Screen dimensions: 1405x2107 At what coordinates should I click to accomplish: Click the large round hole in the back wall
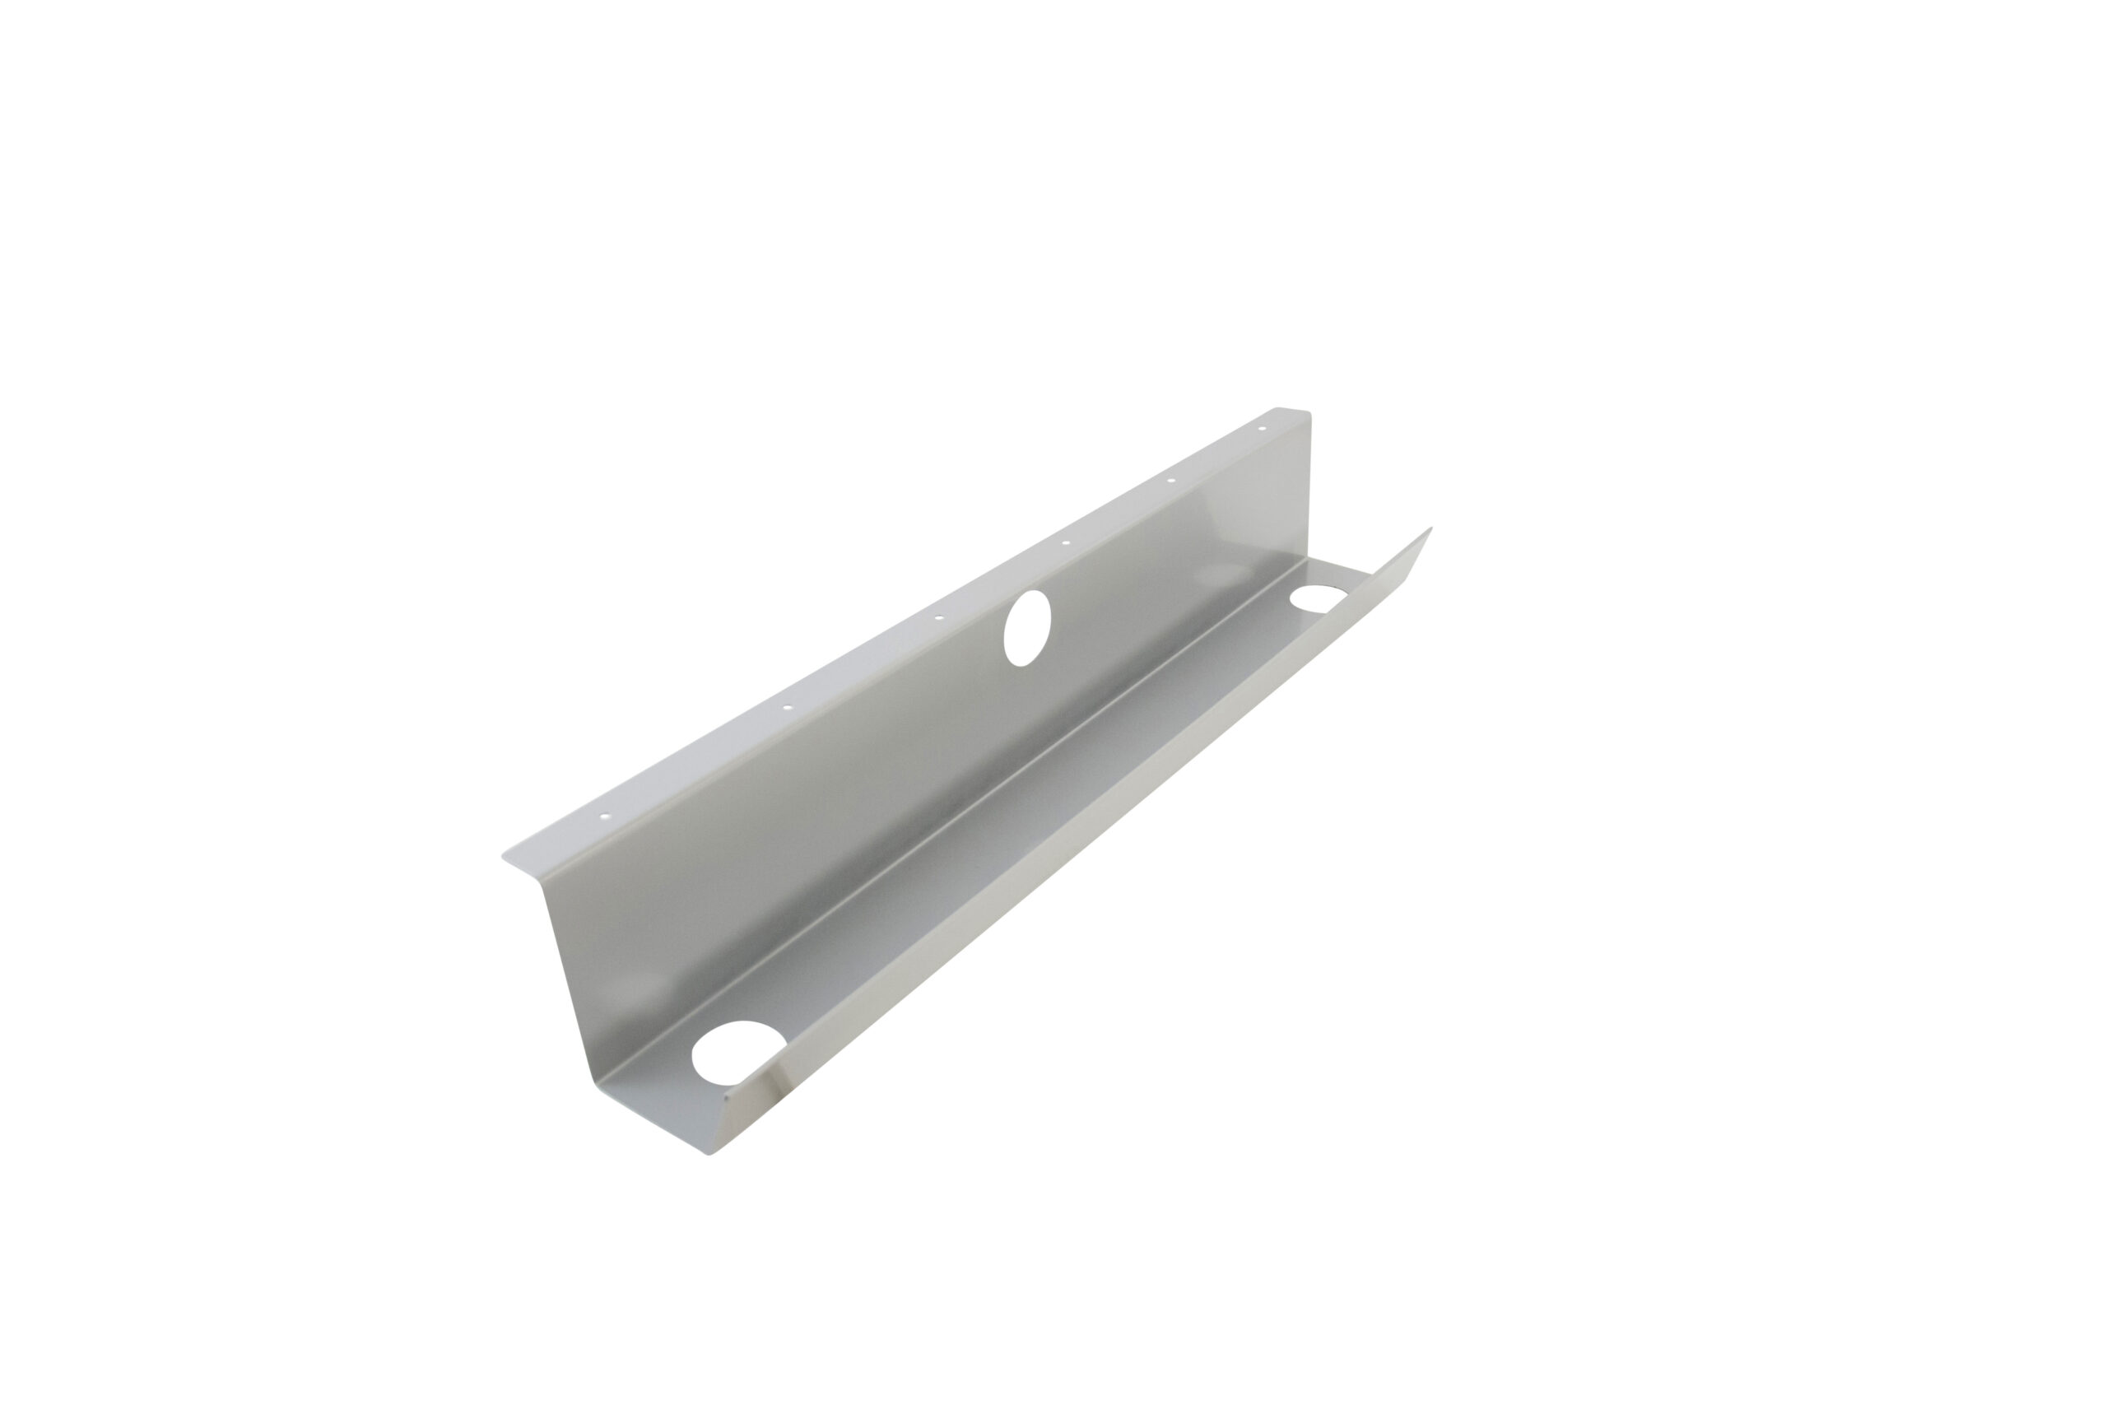click(1026, 627)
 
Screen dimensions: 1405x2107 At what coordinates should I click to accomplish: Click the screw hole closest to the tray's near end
click(604, 816)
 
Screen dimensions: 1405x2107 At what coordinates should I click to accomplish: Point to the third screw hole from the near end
click(939, 617)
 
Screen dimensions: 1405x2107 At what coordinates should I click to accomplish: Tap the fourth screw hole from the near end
click(1065, 543)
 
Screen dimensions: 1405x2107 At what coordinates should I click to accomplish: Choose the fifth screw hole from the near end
click(1171, 482)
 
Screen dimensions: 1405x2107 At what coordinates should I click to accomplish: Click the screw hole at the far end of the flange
click(1263, 428)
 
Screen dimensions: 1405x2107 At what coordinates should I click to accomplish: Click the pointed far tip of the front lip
click(1430, 528)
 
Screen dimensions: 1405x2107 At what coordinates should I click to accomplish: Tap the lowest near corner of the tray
click(710, 1154)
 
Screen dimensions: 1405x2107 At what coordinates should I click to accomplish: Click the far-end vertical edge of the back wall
click(1309, 502)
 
